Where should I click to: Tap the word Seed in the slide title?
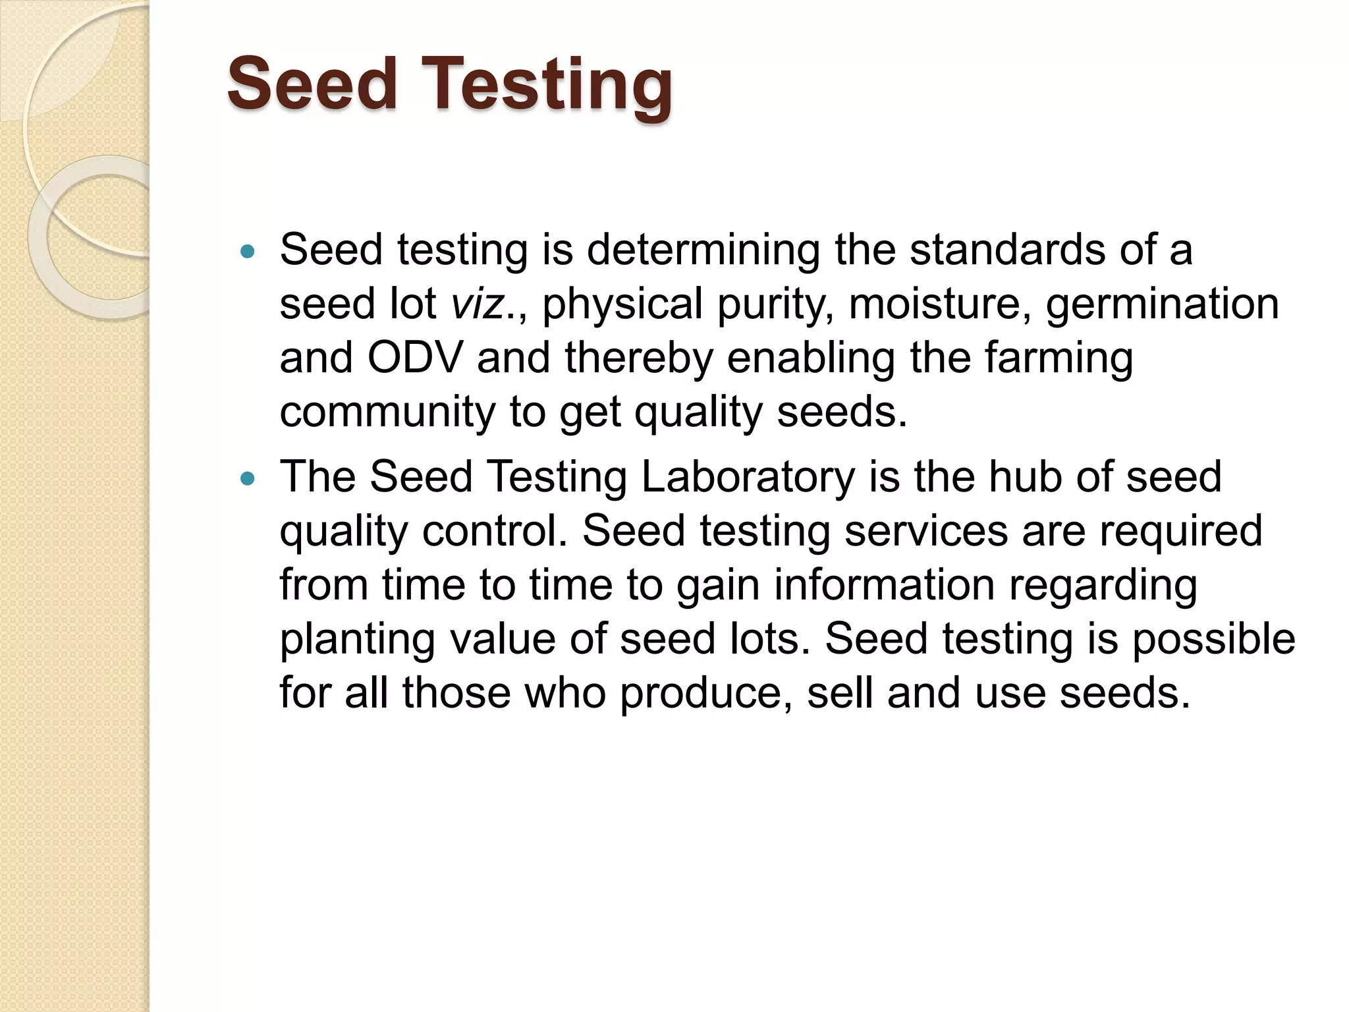point(312,84)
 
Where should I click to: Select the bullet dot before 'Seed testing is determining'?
point(248,251)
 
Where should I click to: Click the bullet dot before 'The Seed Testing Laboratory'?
point(248,478)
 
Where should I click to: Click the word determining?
point(703,252)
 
